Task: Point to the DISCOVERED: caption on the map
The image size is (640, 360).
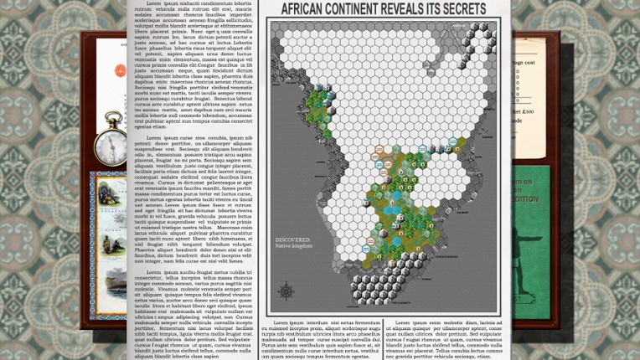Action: pyautogui.click(x=292, y=240)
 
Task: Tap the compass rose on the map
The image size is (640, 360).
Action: pyautogui.click(x=286, y=292)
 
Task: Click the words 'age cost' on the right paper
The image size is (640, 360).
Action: pyautogui.click(x=524, y=63)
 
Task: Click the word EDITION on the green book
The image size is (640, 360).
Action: pyautogui.click(x=527, y=200)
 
